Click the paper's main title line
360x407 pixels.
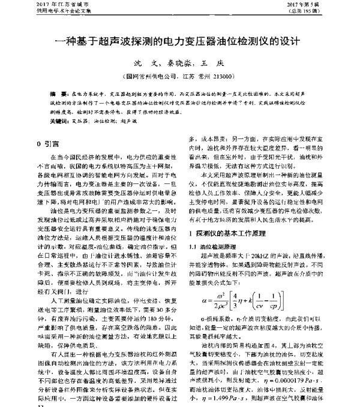[x=180, y=43]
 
